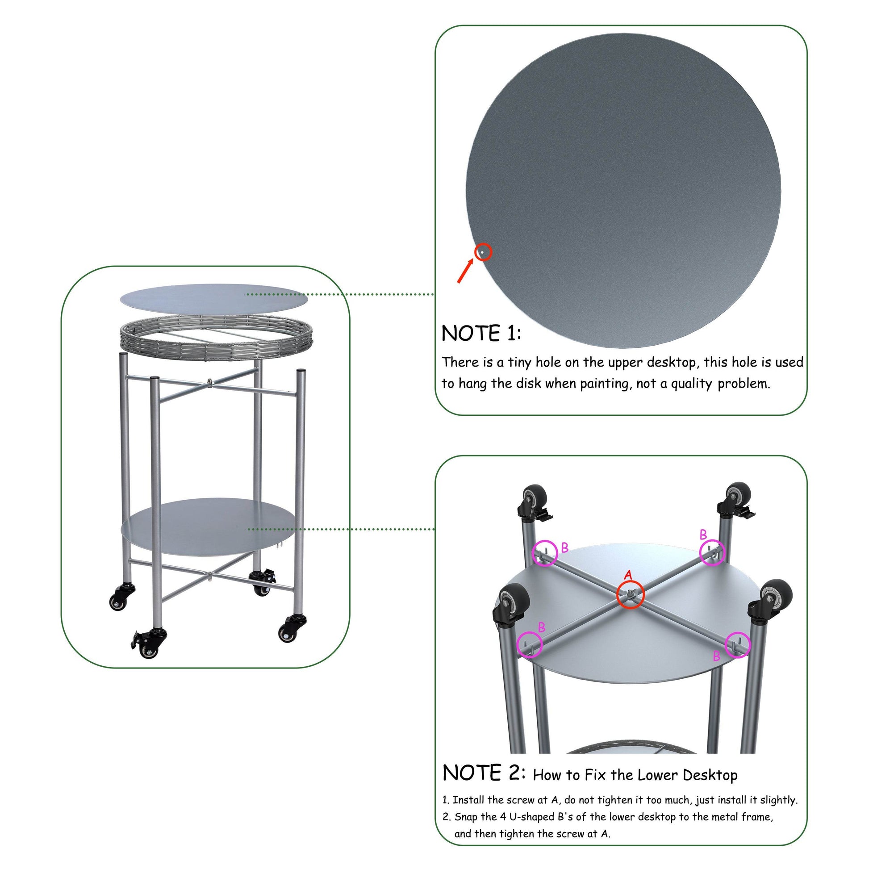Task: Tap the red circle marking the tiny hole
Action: point(483,252)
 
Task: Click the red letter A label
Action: point(628,575)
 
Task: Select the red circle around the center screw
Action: point(630,595)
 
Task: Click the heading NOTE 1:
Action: point(481,334)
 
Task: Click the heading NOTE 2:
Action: point(484,773)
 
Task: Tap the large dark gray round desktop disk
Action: point(623,189)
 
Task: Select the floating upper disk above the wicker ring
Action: point(213,298)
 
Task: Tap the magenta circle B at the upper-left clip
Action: point(545,553)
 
